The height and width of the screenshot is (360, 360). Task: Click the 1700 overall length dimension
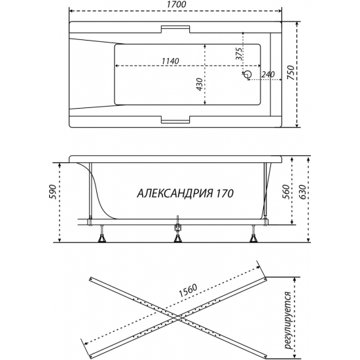[x=176, y=5]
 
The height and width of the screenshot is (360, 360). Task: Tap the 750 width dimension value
[x=291, y=73]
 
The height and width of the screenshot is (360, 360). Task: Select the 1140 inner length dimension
[x=170, y=61]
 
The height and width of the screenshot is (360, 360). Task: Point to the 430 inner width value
[x=200, y=84]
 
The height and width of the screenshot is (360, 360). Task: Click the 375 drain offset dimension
[x=239, y=54]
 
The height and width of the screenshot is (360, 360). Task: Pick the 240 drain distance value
[x=268, y=75]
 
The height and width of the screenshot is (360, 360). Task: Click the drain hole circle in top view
[x=248, y=74]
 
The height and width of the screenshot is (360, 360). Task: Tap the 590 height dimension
[x=52, y=192]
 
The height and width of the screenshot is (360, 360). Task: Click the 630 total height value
[x=302, y=192]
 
